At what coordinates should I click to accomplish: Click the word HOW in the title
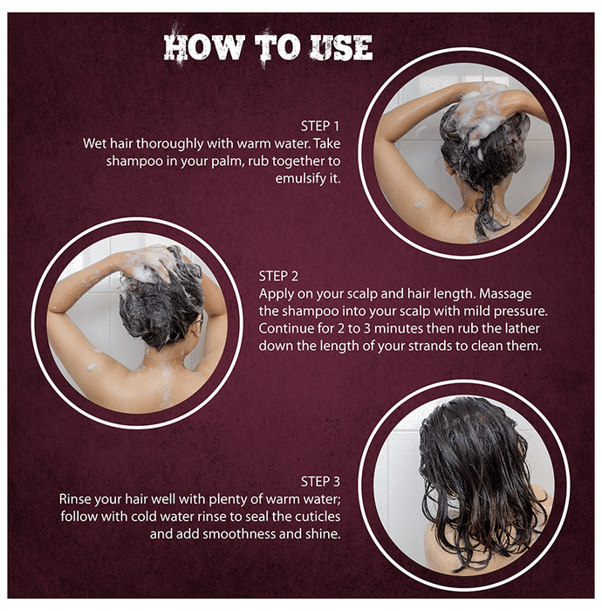point(204,47)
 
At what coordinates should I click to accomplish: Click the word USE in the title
point(341,47)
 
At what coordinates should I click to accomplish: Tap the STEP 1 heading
point(320,127)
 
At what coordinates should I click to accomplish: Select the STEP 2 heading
point(278,277)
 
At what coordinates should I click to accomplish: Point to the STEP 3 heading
point(320,482)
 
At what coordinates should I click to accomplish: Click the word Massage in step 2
point(505,294)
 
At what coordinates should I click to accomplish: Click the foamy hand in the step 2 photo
point(150,262)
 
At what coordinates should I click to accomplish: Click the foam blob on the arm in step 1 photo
point(420,203)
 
